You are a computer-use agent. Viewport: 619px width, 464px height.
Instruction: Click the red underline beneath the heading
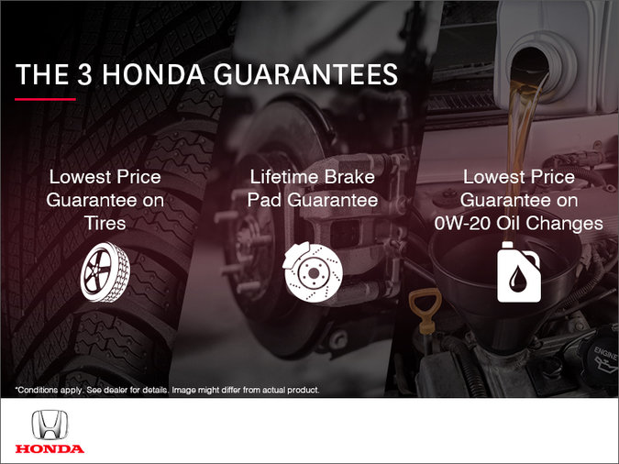point(45,98)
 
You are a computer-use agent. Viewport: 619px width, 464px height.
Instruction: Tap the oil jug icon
point(518,271)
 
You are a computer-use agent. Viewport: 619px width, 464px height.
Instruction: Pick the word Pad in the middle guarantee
point(266,200)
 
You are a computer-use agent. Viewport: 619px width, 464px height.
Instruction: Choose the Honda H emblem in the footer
point(50,426)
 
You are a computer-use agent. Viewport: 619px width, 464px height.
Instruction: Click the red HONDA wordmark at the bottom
point(50,448)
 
